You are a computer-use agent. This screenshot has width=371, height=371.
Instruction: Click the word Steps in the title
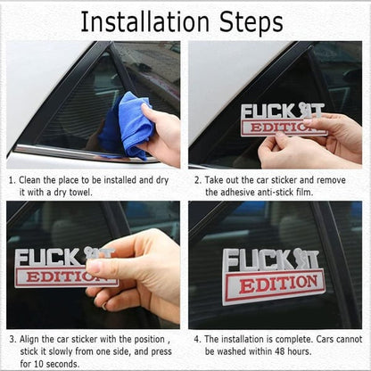[x=258, y=21]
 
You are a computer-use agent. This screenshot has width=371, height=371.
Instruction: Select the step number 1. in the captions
[x=12, y=178]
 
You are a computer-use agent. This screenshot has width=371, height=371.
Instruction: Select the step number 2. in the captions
[x=198, y=178]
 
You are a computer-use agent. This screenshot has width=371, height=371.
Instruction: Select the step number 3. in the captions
[x=12, y=339]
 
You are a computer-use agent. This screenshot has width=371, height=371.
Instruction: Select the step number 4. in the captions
[x=198, y=339]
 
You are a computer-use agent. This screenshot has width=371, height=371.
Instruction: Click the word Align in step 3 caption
[x=36, y=339]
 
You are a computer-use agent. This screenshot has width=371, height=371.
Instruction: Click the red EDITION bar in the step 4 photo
[x=273, y=287]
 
